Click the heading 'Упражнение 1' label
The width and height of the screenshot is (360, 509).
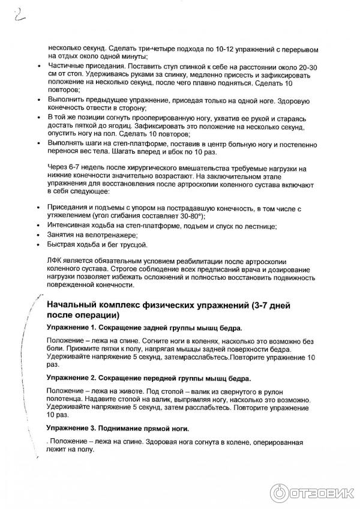coord(72,328)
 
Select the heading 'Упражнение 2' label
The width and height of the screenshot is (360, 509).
coord(72,379)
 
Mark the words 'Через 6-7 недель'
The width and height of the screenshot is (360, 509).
coord(77,170)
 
